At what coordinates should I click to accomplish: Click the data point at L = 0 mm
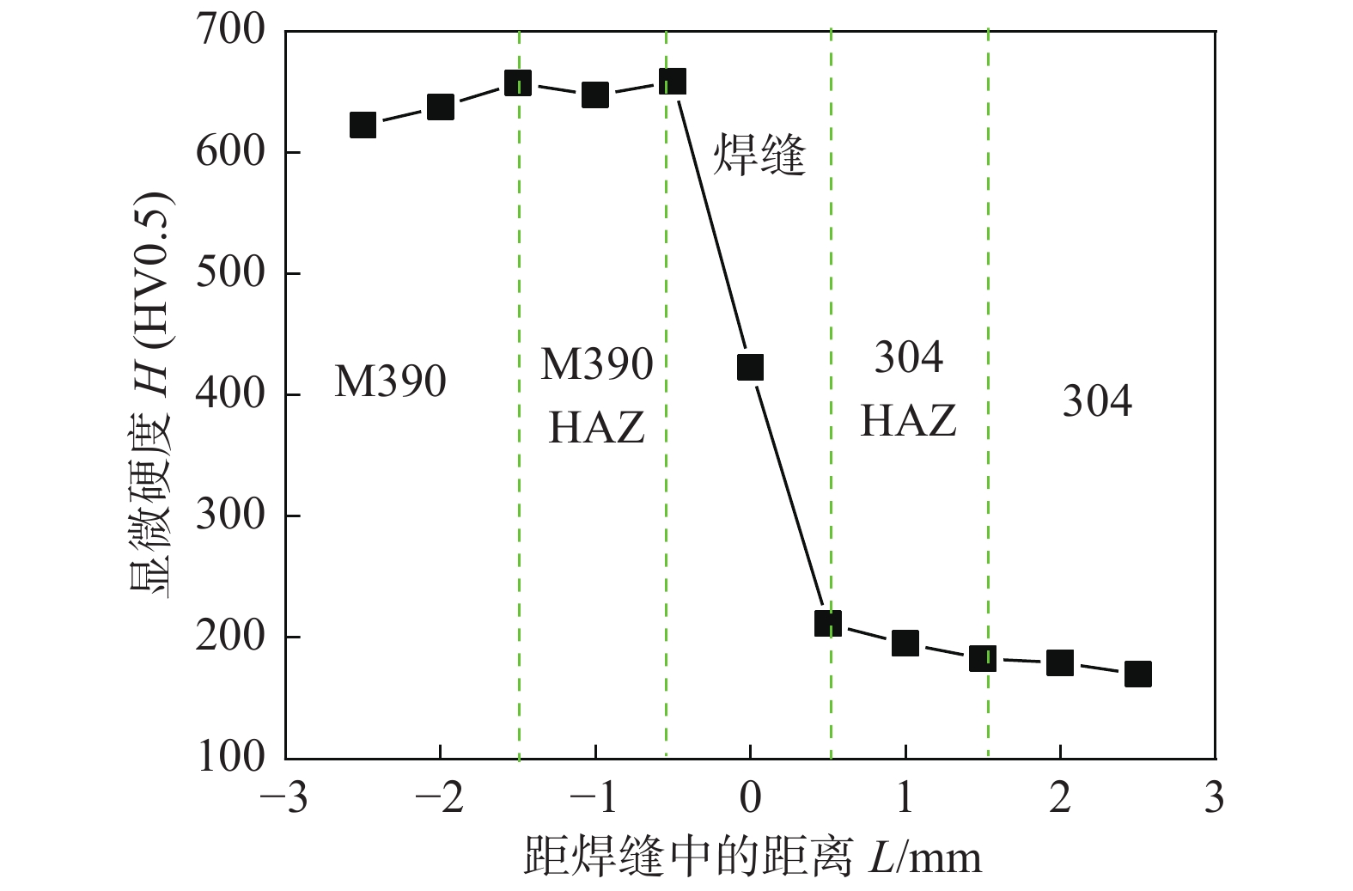point(750,368)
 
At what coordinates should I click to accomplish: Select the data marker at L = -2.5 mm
point(363,125)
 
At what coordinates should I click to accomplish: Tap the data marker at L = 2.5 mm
point(1137,674)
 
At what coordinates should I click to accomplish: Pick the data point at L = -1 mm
point(595,95)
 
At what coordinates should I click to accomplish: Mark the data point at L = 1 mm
point(905,643)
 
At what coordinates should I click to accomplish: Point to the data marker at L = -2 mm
point(440,107)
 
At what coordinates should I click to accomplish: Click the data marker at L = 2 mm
point(1060,662)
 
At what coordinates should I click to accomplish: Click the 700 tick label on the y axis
point(231,30)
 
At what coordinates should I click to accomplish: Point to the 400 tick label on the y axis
point(231,394)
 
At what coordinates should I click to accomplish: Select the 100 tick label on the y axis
point(231,757)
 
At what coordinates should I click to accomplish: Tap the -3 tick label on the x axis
point(284,798)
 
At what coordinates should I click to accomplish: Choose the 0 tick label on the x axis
point(750,798)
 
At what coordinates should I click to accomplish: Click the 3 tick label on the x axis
point(1214,798)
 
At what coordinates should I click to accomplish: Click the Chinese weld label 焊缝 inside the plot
point(759,156)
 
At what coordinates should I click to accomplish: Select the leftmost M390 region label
point(390,381)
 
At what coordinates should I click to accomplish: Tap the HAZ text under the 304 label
point(909,421)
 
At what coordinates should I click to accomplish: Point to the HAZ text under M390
point(596,427)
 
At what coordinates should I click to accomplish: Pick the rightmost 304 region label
point(1097,401)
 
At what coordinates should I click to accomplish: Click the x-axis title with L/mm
point(752,857)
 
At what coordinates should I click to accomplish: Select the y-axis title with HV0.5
point(152,394)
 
